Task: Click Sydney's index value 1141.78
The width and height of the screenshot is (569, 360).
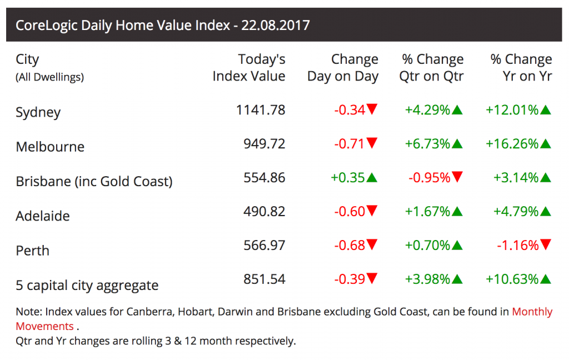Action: pos(261,110)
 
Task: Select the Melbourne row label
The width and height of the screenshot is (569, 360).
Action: pos(50,147)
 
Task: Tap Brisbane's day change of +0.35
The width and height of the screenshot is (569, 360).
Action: pos(348,178)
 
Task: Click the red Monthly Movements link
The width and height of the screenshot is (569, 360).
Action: pos(532,312)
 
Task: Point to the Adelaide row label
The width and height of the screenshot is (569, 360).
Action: pos(43,216)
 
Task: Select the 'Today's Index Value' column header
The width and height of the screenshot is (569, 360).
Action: pos(249,68)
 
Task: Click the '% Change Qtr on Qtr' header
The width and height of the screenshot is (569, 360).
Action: pos(431,68)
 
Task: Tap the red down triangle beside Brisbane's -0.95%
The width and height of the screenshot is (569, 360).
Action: pos(457,178)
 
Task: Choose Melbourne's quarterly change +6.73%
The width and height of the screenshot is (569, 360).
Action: pos(427,144)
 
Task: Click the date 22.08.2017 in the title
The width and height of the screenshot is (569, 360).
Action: pos(276,26)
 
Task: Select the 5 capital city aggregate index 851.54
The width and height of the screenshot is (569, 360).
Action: pos(264,279)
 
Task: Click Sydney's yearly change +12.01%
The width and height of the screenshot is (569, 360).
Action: pos(512,110)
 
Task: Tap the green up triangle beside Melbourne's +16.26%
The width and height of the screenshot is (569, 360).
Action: pos(546,144)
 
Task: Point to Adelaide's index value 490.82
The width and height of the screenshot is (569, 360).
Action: pos(264,212)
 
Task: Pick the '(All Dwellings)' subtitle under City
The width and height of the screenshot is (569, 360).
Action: pos(49,77)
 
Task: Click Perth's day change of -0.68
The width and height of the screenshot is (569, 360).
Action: pos(350,245)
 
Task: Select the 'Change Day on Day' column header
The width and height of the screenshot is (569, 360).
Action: pos(343,68)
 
